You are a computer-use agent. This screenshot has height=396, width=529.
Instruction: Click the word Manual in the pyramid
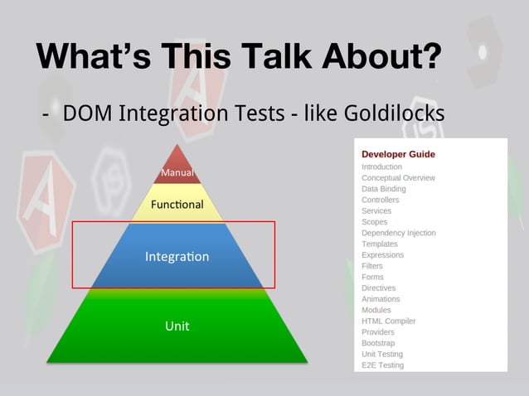[177, 173]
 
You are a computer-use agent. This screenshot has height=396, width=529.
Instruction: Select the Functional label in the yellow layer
[177, 205]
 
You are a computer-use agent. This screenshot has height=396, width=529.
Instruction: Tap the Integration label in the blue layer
[177, 257]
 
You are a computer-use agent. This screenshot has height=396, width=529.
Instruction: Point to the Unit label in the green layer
[177, 326]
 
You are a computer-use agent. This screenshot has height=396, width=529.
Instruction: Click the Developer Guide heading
[398, 154]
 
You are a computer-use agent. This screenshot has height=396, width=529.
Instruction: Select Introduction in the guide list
[381, 167]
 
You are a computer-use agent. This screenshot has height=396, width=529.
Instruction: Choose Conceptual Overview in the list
[398, 178]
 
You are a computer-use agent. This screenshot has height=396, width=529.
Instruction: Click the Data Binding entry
[383, 189]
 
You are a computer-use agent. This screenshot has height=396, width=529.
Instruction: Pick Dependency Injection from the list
[398, 233]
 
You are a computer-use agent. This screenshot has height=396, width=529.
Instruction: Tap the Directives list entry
[378, 287]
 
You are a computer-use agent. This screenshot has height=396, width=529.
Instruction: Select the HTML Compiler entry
[388, 321]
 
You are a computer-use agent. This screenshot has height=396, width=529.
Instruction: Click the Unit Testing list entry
[382, 354]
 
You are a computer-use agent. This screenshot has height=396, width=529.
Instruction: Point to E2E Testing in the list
[382, 365]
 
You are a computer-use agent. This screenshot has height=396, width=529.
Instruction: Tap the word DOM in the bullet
[80, 112]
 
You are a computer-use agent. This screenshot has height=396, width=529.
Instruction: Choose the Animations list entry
[381, 299]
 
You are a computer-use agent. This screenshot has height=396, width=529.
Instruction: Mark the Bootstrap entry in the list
[378, 343]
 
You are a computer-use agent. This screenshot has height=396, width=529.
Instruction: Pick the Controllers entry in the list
[380, 200]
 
